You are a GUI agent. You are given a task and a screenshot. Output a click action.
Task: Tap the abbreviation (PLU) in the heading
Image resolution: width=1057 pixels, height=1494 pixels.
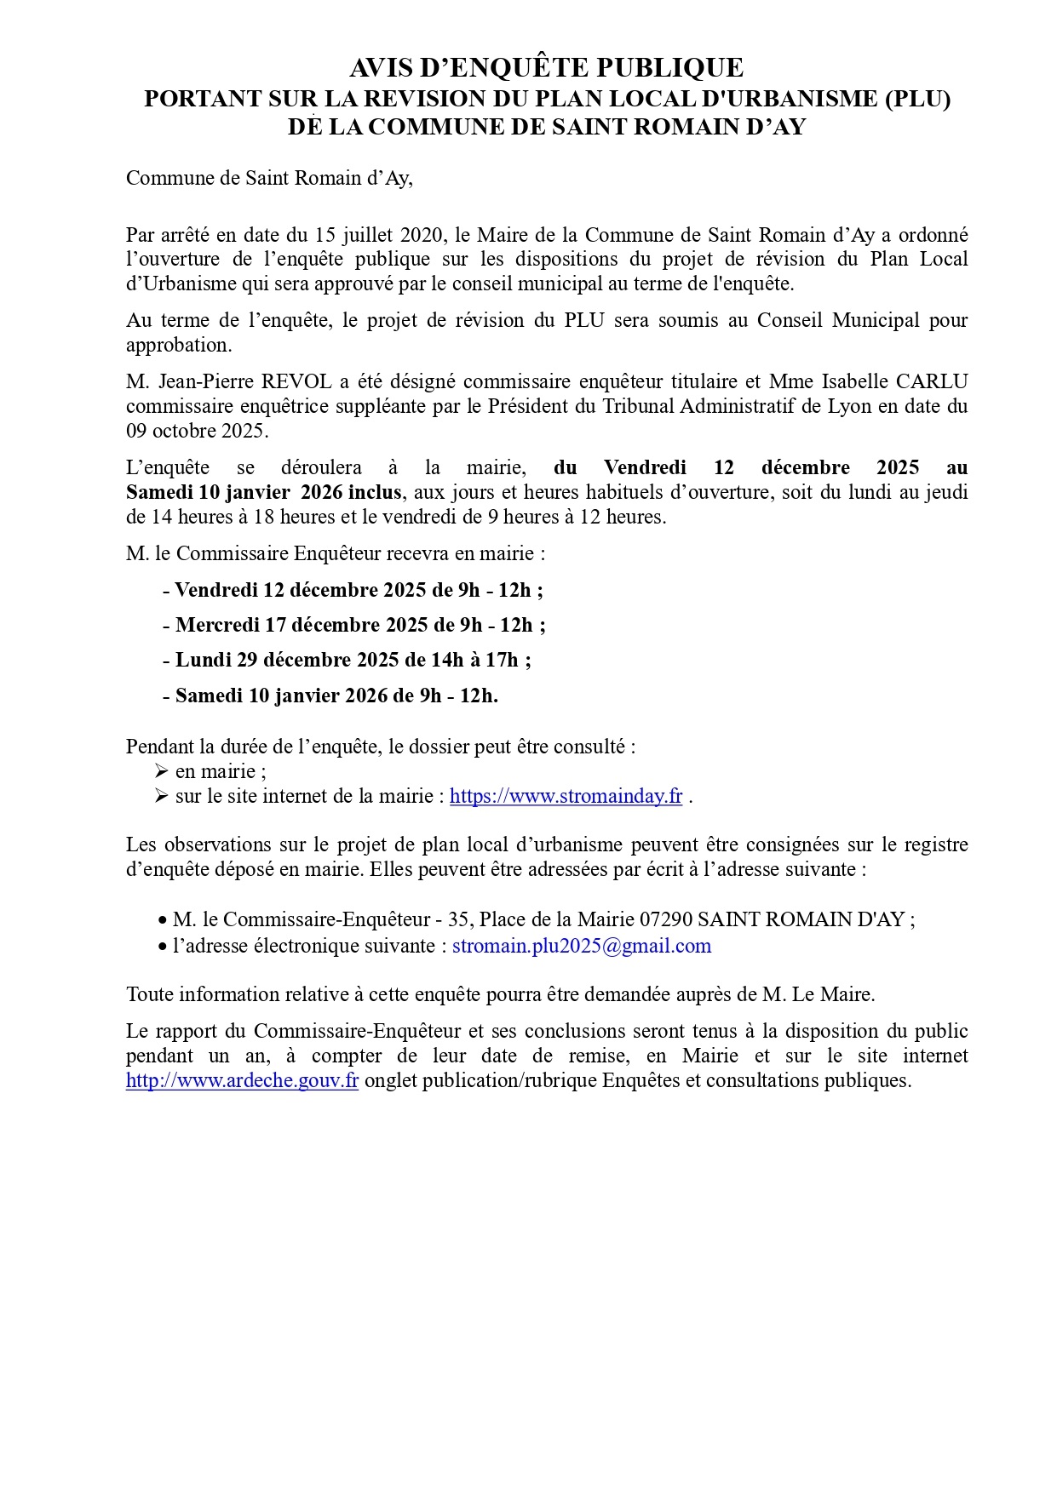pyautogui.click(x=917, y=99)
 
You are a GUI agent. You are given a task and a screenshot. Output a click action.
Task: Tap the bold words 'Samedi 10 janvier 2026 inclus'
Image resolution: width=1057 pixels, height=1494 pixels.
pyautogui.click(x=264, y=492)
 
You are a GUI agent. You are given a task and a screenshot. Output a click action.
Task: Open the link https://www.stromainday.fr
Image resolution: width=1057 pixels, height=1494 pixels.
pyautogui.click(x=566, y=796)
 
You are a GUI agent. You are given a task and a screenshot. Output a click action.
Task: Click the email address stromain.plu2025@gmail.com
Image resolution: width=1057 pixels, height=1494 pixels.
pyautogui.click(x=581, y=946)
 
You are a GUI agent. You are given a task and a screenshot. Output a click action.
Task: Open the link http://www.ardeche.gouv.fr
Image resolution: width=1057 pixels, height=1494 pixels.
pyautogui.click(x=242, y=1080)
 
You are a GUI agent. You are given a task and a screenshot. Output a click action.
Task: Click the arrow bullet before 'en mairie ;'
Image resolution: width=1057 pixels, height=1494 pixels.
pyautogui.click(x=163, y=771)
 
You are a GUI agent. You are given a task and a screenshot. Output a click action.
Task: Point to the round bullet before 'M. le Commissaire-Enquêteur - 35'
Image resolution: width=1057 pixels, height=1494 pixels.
pyautogui.click(x=162, y=921)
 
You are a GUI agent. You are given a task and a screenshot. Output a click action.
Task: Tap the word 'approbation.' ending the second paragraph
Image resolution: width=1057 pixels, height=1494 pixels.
pyautogui.click(x=179, y=346)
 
